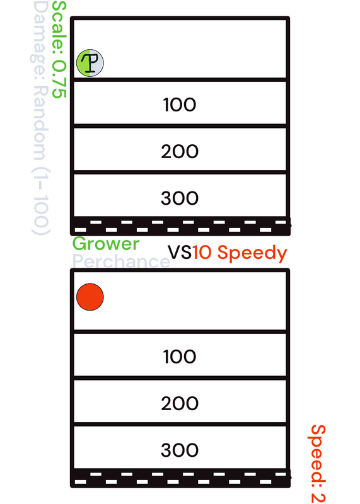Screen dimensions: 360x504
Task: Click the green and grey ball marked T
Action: [x=90, y=63]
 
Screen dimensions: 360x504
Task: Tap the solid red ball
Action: [x=90, y=297]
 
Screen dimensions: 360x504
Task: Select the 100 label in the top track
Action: [x=180, y=105]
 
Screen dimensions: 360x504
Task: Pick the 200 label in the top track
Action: [x=180, y=151]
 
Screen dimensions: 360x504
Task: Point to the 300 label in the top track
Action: [x=180, y=198]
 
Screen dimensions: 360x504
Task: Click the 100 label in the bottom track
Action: [x=180, y=357]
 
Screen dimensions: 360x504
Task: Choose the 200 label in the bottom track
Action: [x=180, y=403]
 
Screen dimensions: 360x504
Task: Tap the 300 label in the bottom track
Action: [x=180, y=450]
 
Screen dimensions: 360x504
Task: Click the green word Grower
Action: [x=106, y=244]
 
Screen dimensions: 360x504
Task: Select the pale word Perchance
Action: [x=121, y=261]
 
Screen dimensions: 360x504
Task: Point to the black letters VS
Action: [x=180, y=253]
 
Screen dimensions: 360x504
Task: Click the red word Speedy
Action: [x=252, y=253]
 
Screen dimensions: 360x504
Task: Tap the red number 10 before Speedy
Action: [x=202, y=253]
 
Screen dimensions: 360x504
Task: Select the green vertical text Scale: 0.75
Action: [x=59, y=50]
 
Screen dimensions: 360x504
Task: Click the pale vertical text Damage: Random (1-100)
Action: [x=40, y=118]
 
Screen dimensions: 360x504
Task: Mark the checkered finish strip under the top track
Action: [x=180, y=226]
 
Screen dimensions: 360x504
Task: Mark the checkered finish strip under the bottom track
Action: [x=180, y=478]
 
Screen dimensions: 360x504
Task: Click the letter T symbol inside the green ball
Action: [x=90, y=62]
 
